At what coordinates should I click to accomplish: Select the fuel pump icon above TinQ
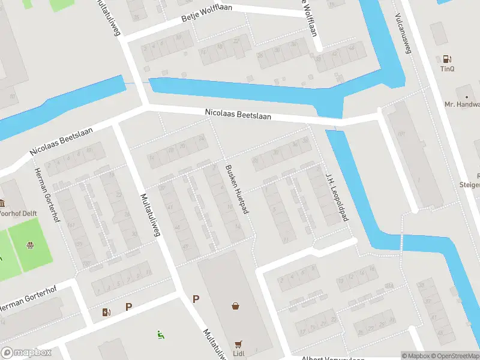447,59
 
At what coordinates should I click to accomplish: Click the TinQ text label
448,69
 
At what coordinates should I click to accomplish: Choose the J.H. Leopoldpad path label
337,197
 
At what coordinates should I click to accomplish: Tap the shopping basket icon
236,306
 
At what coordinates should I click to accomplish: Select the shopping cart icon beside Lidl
239,344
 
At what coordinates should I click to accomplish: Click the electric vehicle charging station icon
107,311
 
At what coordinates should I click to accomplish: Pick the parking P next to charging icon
128,307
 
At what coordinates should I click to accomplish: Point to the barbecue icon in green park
28,244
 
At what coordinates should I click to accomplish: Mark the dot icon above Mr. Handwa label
466,96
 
